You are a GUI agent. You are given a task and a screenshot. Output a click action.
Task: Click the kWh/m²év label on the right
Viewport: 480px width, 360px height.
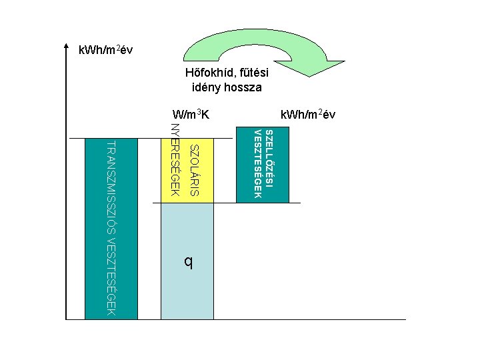(x=309, y=115)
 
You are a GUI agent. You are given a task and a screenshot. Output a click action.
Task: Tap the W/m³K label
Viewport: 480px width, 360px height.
(x=191, y=115)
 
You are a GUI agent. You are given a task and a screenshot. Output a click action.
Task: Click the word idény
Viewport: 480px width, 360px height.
(x=206, y=87)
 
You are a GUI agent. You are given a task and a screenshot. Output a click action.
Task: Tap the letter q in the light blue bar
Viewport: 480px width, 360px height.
(x=189, y=262)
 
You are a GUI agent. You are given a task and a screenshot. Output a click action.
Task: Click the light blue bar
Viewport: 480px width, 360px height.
(x=187, y=287)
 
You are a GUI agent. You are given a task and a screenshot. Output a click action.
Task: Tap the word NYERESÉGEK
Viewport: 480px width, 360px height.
(x=175, y=160)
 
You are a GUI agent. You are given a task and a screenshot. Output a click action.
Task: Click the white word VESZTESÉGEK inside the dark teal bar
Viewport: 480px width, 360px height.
(x=258, y=164)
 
